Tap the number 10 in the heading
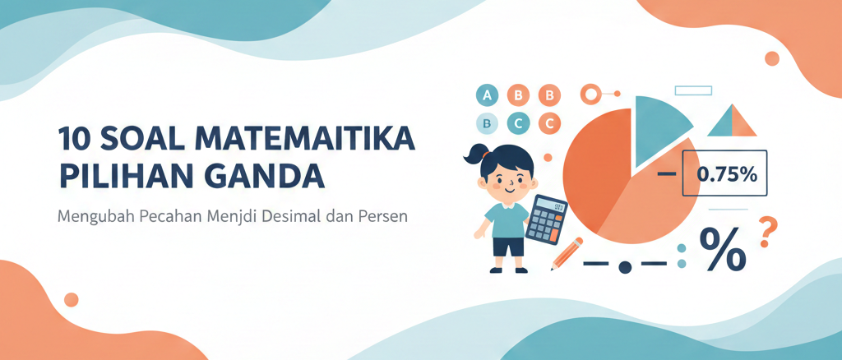(76, 138)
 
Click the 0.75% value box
(724, 173)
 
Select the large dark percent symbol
(722, 249)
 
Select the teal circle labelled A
(488, 95)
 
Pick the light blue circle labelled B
(488, 124)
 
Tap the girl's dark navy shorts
(508, 246)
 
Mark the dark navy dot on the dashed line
(624, 266)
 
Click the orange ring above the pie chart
(590, 94)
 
